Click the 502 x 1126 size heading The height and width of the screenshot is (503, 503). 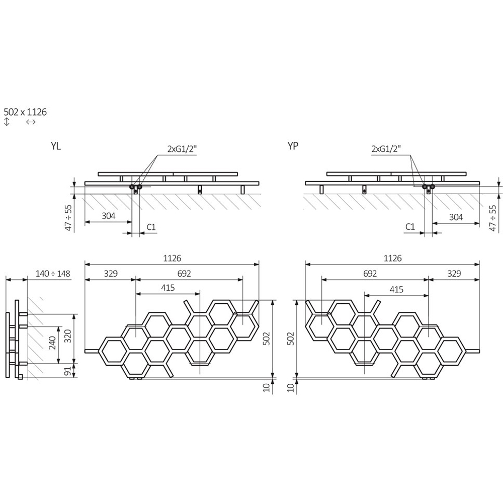click(x=25, y=112)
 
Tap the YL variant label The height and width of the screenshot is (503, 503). click(x=55, y=146)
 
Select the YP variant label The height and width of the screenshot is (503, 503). click(x=293, y=146)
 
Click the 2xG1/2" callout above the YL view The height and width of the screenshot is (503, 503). click(x=182, y=149)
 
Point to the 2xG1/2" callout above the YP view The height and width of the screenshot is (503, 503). click(x=386, y=149)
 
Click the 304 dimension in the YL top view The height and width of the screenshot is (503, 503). click(x=109, y=216)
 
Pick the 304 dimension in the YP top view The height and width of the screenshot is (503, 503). click(x=456, y=217)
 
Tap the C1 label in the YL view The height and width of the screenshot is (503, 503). click(x=151, y=227)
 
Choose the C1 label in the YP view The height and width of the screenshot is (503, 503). click(x=410, y=227)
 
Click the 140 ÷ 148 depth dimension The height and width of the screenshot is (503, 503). click(x=53, y=274)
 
